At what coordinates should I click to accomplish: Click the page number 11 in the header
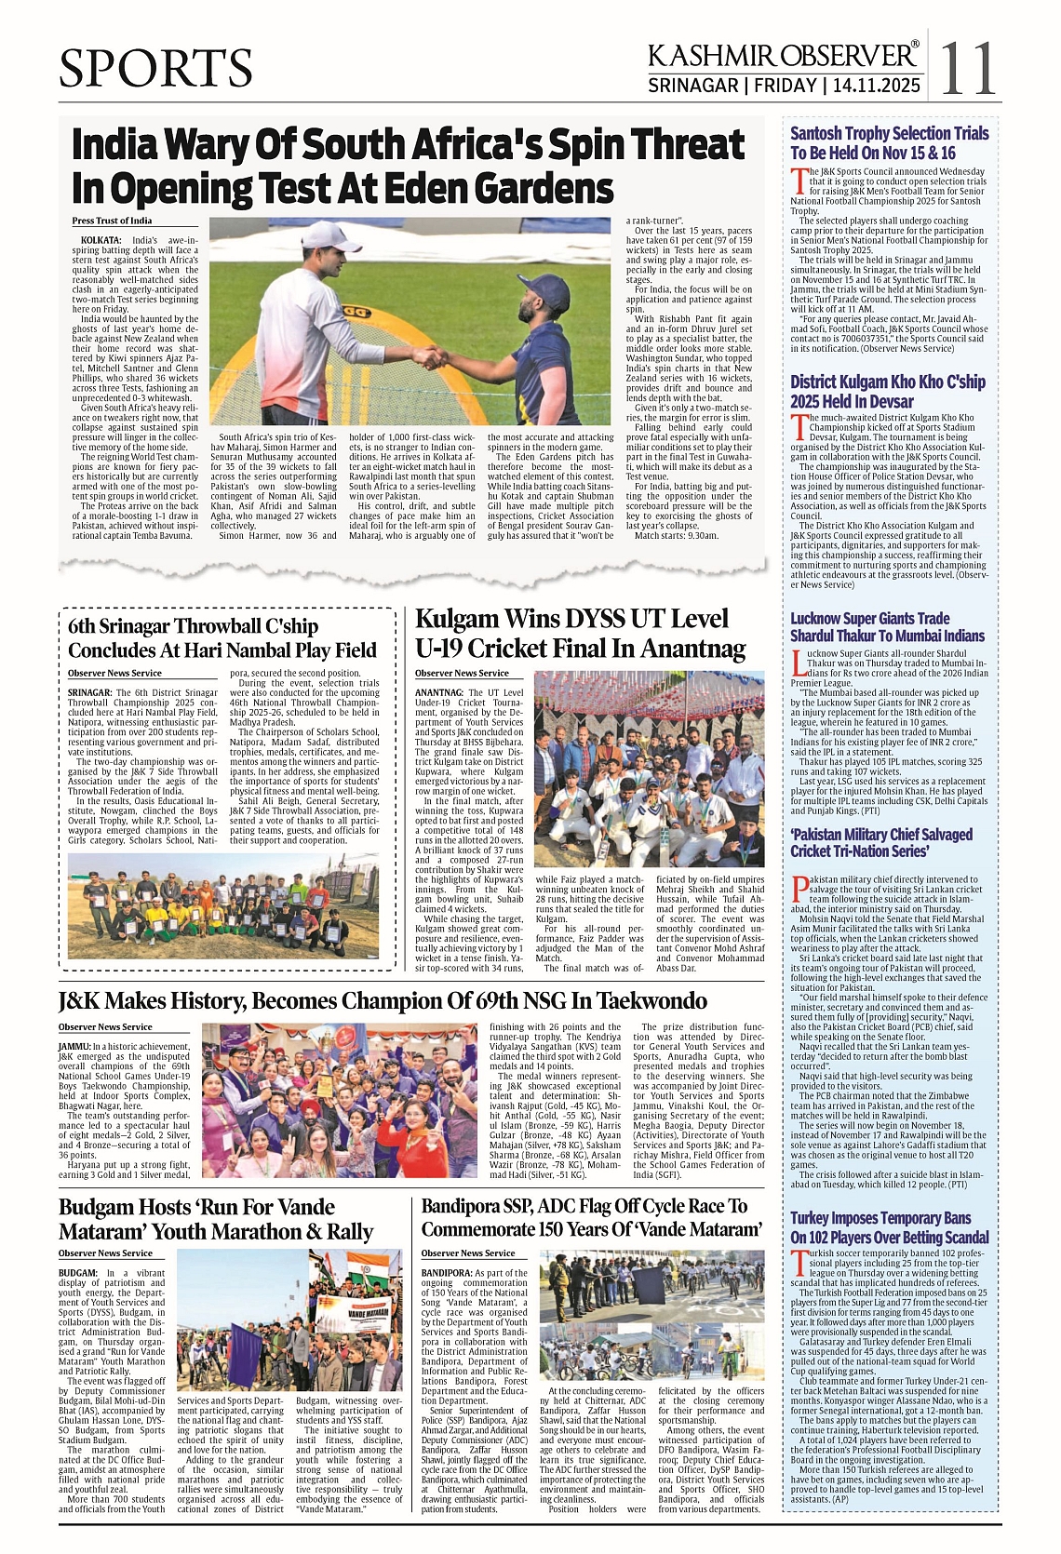[968, 67]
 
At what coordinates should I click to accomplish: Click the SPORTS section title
[155, 69]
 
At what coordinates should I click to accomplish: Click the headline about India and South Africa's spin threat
[408, 166]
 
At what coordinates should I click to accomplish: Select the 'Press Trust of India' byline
[112, 221]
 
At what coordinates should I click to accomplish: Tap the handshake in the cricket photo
[429, 356]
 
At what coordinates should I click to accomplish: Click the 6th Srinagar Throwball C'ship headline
[222, 637]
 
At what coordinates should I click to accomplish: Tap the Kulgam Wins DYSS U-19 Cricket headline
[580, 633]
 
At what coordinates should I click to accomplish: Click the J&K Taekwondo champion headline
[383, 1000]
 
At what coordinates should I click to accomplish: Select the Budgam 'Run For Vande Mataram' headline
[215, 1219]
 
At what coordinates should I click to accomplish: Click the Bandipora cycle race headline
[591, 1217]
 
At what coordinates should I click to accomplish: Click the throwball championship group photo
[222, 905]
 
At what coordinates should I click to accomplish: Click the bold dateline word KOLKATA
[101, 240]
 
